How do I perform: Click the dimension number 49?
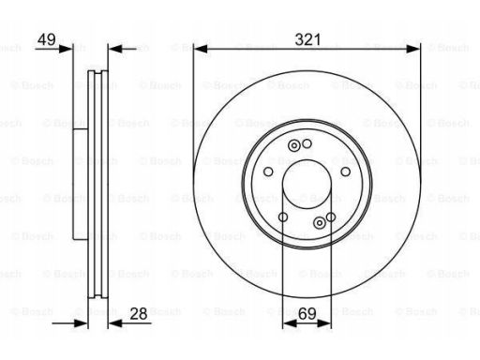click(47, 39)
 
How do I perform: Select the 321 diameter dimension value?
click(307, 39)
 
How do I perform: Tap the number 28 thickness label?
click(139, 314)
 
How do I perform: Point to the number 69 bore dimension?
click(307, 314)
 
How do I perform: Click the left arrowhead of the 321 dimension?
click(201, 49)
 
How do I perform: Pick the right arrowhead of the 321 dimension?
click(413, 49)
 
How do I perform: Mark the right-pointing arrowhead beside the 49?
click(66, 49)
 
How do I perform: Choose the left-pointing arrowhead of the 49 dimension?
click(115, 49)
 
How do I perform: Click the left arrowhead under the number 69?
click(290, 323)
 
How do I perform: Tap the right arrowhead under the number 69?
click(323, 323)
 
